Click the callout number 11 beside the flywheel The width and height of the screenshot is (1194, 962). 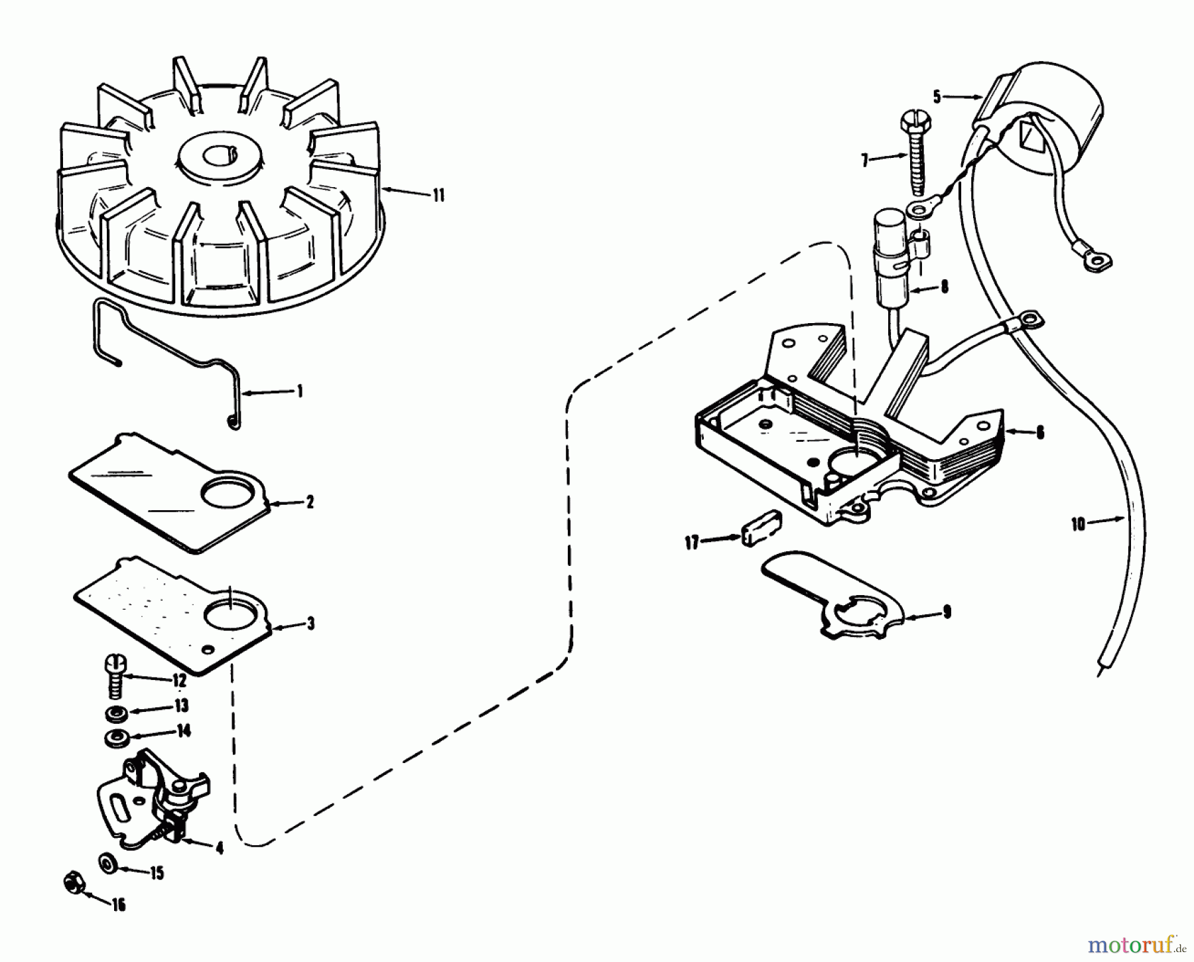438,196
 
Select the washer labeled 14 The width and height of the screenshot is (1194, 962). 116,736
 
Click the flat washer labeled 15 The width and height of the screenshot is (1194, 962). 106,863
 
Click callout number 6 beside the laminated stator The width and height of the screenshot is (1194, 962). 1039,433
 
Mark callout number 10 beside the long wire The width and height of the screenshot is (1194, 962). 1078,524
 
